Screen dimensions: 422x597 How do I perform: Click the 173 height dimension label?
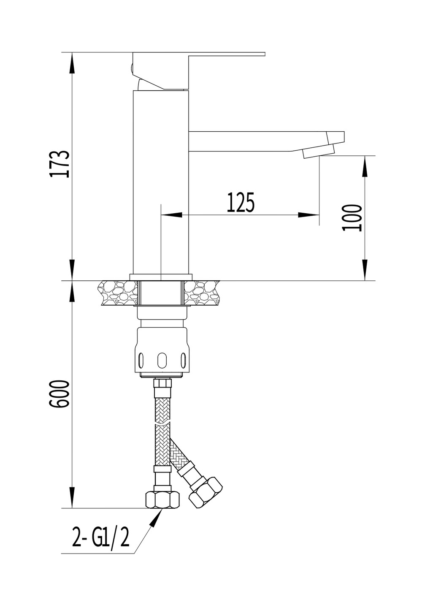pyautogui.click(x=60, y=164)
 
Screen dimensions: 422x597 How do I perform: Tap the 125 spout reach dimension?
pyautogui.click(x=241, y=203)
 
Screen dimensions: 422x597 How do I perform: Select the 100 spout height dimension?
pyautogui.click(x=352, y=218)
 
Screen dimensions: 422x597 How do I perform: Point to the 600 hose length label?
pyautogui.click(x=59, y=394)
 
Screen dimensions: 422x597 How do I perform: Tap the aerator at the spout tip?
pyautogui.click(x=318, y=151)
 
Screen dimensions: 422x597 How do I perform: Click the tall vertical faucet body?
pyautogui.click(x=161, y=182)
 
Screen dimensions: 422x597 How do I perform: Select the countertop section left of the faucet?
pyautogui.click(x=118, y=293)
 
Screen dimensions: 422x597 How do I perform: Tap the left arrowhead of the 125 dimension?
pyautogui.click(x=172, y=215)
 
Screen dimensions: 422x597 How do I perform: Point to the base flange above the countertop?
pyautogui.click(x=161, y=277)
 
